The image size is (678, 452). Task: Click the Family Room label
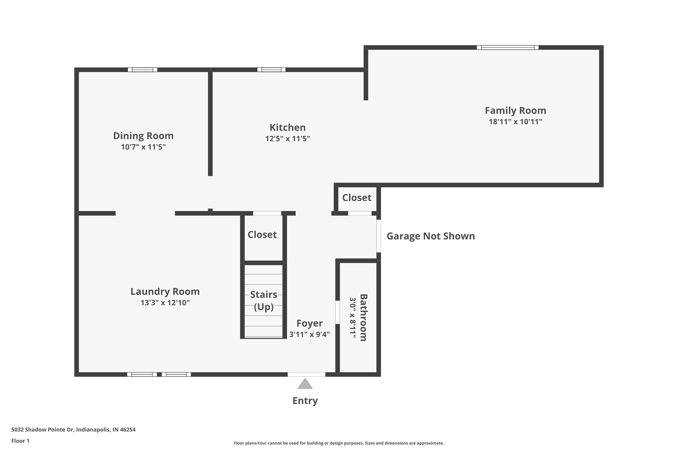(x=515, y=110)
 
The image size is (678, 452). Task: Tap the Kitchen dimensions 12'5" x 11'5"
(x=287, y=138)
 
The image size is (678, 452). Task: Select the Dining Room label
(x=143, y=136)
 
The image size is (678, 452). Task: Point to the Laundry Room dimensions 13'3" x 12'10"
(x=165, y=303)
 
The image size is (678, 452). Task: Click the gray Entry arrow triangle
(x=305, y=384)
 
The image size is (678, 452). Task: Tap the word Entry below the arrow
(x=305, y=401)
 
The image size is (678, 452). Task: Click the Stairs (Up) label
(x=264, y=301)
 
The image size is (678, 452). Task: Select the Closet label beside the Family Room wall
(x=357, y=198)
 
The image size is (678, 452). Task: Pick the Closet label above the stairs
(x=262, y=234)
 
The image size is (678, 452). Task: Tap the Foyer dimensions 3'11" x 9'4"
(x=309, y=334)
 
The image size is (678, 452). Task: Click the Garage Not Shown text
(x=430, y=236)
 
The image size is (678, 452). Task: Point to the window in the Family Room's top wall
(x=507, y=47)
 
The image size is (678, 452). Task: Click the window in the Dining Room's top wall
(x=142, y=70)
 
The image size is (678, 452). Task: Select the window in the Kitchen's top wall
(x=271, y=70)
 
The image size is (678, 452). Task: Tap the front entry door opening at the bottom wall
(x=306, y=374)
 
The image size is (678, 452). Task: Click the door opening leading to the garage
(x=378, y=236)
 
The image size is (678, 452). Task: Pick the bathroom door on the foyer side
(x=337, y=312)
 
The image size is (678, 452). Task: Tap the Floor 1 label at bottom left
(x=20, y=441)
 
